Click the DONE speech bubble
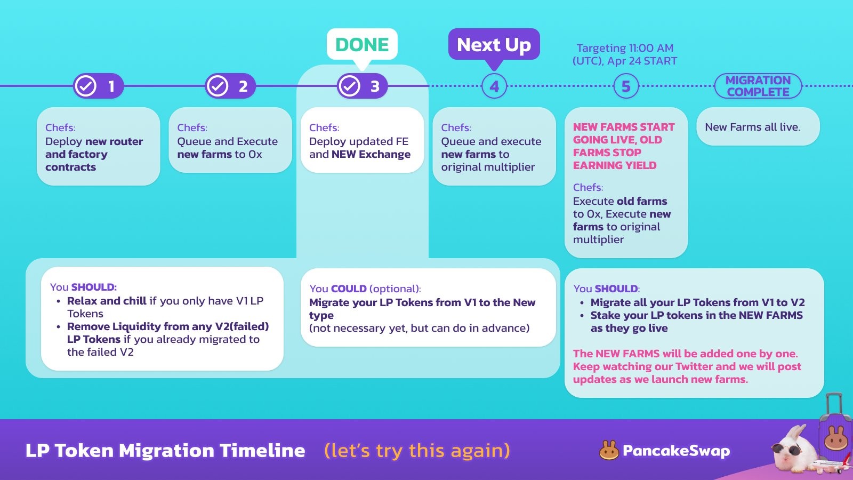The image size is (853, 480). pyautogui.click(x=362, y=45)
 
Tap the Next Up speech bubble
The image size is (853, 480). pyautogui.click(x=494, y=45)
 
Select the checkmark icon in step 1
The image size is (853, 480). pyautogui.click(x=85, y=86)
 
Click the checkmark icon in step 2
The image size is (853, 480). pyautogui.click(x=218, y=86)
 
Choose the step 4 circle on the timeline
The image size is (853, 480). pyautogui.click(x=494, y=86)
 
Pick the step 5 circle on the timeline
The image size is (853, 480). pyautogui.click(x=626, y=86)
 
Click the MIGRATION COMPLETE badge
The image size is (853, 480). pyautogui.click(x=758, y=86)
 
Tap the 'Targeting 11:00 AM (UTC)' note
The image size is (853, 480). pyautogui.click(x=625, y=54)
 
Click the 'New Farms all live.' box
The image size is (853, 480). pyautogui.click(x=758, y=126)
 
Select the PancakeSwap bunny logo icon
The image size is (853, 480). pyautogui.click(x=608, y=450)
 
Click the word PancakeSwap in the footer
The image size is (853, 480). pyautogui.click(x=677, y=451)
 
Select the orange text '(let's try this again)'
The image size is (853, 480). pyautogui.click(x=417, y=451)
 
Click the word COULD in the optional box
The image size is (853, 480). pyautogui.click(x=349, y=289)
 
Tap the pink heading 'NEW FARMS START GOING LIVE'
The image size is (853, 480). pyautogui.click(x=624, y=133)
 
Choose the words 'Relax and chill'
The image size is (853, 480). pyautogui.click(x=107, y=301)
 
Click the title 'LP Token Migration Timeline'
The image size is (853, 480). pyautogui.click(x=165, y=451)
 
